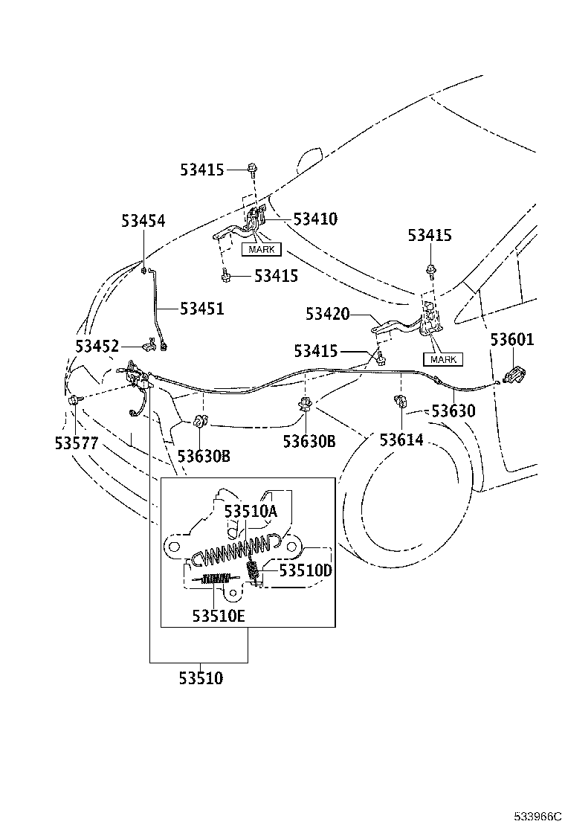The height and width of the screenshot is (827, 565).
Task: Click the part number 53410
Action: (x=315, y=219)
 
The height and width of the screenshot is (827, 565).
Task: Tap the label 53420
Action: (x=328, y=314)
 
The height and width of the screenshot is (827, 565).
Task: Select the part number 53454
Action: (x=143, y=220)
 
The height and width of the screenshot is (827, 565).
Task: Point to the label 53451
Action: (x=202, y=309)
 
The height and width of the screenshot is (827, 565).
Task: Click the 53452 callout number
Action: (x=97, y=347)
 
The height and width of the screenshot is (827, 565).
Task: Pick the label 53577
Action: (x=77, y=443)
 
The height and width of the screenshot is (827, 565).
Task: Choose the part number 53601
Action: (x=512, y=340)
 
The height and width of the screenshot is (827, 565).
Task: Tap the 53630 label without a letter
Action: (x=453, y=411)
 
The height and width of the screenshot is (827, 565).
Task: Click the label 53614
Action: (x=401, y=440)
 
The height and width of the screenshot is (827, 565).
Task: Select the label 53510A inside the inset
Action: (x=251, y=512)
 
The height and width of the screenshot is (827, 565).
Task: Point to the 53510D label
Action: (x=306, y=570)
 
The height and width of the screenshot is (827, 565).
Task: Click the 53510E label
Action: (x=219, y=616)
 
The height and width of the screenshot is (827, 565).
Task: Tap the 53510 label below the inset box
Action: (x=201, y=678)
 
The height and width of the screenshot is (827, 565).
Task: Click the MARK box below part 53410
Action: (x=262, y=249)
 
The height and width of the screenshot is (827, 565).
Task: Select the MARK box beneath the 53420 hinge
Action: (x=443, y=360)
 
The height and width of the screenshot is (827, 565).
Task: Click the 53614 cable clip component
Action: (x=400, y=402)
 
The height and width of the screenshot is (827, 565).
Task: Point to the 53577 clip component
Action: (x=75, y=400)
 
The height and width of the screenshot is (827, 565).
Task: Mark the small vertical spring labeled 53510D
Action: (x=253, y=572)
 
